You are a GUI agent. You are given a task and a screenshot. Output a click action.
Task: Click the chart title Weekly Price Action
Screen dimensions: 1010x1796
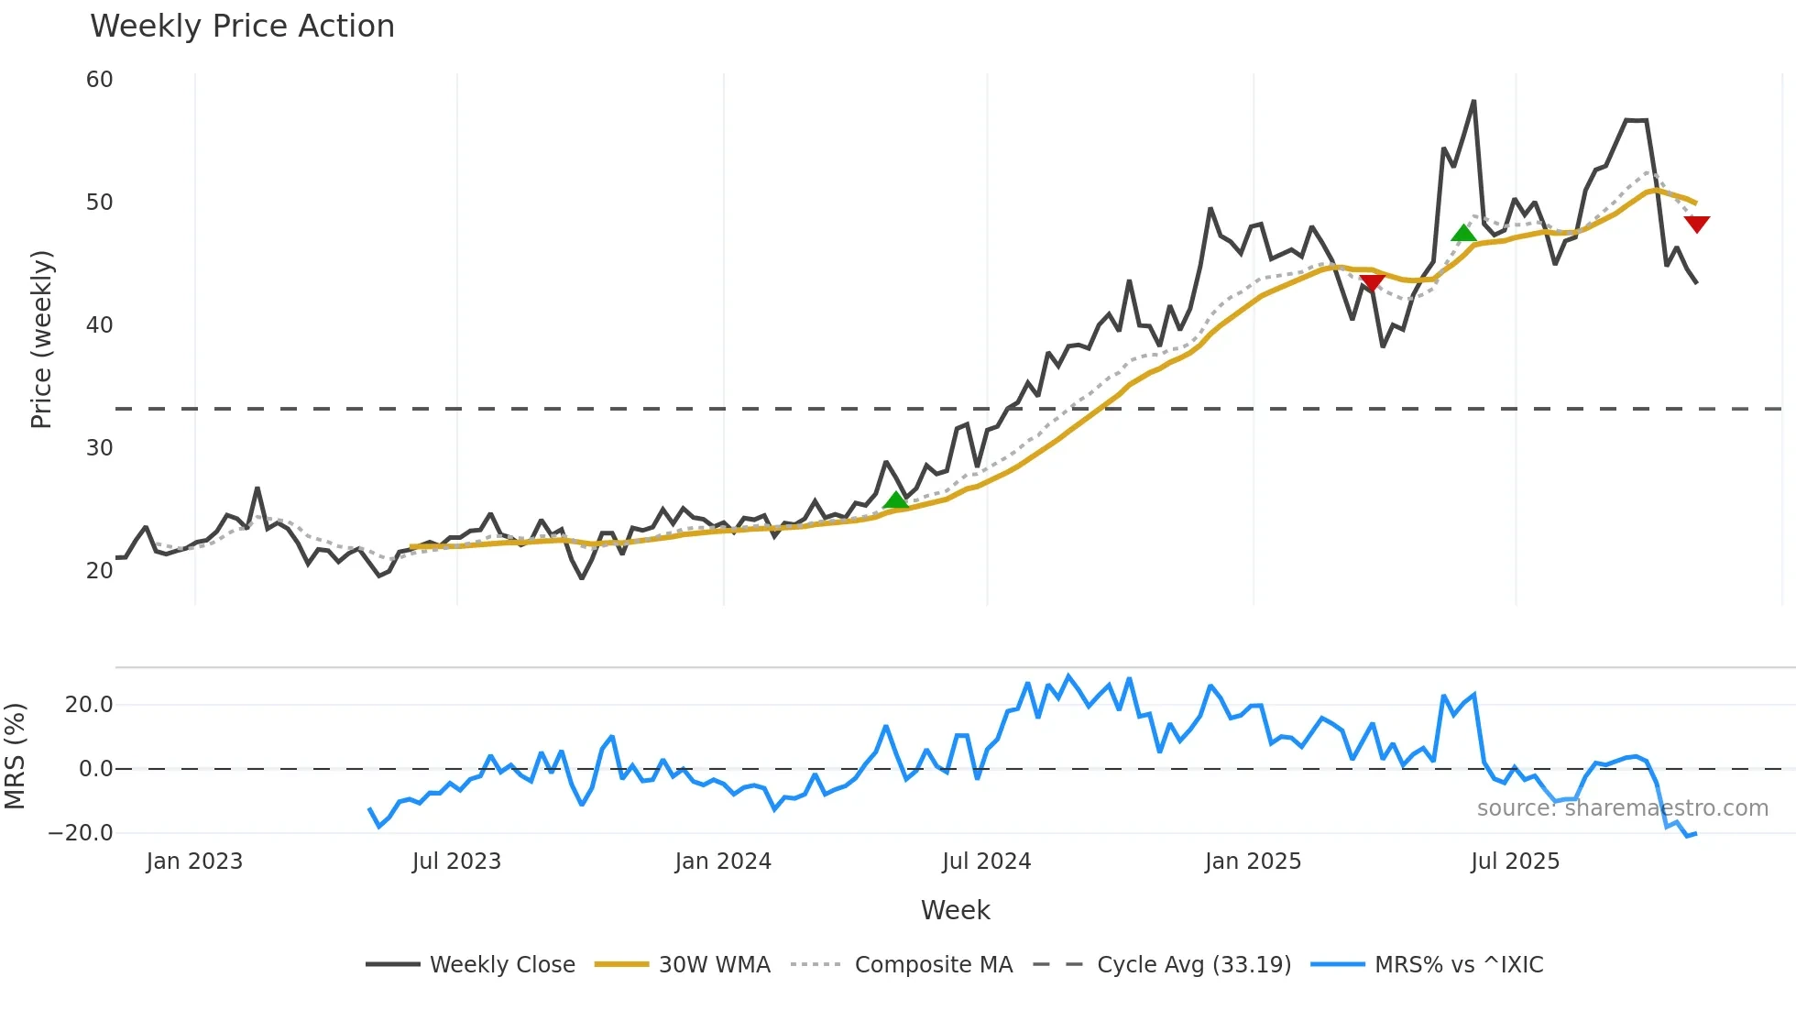pyautogui.click(x=242, y=27)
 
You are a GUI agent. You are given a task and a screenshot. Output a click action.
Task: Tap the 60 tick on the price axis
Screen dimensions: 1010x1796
pyautogui.click(x=99, y=80)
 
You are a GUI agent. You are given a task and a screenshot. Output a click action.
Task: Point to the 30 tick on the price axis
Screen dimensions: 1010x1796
pyautogui.click(x=99, y=448)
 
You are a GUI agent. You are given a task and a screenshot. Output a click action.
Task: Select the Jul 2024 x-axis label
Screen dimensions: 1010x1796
pyautogui.click(x=986, y=862)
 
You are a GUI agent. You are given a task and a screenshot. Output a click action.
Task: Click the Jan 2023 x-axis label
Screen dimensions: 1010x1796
pyautogui.click(x=194, y=862)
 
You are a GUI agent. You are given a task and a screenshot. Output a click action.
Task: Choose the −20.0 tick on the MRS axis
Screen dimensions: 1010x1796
pyautogui.click(x=81, y=833)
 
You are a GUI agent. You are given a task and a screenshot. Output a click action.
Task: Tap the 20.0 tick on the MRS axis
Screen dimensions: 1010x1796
pyautogui.click(x=88, y=705)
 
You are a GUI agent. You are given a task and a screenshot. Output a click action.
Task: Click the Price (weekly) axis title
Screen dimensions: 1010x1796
pyautogui.click(x=41, y=339)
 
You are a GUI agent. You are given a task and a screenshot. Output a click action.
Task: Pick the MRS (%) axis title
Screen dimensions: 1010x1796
pyautogui.click(x=15, y=756)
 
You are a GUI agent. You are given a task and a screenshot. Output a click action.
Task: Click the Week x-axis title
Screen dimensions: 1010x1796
pyautogui.click(x=955, y=910)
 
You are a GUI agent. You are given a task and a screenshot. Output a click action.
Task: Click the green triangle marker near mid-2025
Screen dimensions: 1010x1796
pyautogui.click(x=1464, y=233)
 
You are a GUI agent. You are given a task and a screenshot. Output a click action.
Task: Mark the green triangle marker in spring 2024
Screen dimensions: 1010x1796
pyautogui.click(x=895, y=500)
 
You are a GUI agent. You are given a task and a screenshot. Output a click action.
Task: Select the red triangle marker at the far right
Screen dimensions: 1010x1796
pyautogui.click(x=1696, y=224)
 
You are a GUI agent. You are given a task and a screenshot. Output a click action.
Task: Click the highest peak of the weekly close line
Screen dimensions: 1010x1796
pyautogui.click(x=1473, y=102)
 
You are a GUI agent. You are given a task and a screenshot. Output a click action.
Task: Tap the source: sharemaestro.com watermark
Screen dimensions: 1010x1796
pyautogui.click(x=1622, y=808)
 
